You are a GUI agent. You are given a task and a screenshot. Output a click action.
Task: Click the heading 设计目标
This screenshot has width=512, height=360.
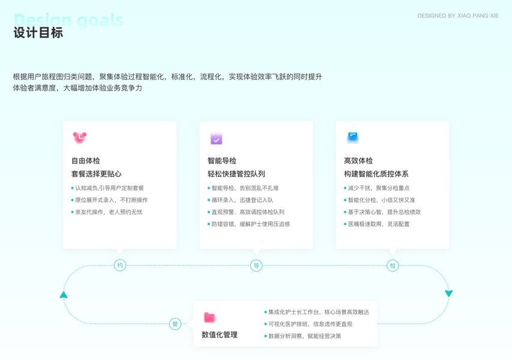point(38,33)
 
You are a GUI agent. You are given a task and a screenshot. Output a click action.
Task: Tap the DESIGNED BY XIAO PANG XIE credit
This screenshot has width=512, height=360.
point(458,16)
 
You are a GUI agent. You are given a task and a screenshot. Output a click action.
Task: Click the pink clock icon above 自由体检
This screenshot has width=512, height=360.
point(79,137)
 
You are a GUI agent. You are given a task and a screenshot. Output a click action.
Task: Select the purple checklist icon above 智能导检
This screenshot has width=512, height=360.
point(216,139)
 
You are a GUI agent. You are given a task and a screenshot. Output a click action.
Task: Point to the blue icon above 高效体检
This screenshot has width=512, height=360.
point(352,137)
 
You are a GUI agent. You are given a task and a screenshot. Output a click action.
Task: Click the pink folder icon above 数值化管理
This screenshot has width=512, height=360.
point(209,317)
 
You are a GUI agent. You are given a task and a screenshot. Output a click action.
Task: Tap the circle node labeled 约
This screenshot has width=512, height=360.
point(120,265)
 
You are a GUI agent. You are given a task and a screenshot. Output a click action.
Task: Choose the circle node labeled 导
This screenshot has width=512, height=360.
point(256,265)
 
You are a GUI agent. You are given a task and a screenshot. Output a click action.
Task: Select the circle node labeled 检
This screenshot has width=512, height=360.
point(393,265)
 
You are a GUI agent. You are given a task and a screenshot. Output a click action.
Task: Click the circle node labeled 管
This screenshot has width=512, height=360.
point(175,324)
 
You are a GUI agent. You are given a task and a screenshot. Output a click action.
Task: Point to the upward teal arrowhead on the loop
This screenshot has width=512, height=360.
point(64,295)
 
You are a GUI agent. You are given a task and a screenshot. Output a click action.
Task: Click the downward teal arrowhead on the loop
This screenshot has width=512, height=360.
point(448,293)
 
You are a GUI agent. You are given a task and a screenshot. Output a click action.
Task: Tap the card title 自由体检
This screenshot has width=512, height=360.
point(86,161)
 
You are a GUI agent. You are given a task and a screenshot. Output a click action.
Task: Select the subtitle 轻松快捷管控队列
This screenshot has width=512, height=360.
point(236,174)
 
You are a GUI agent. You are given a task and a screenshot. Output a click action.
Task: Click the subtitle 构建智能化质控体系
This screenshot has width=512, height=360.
point(376,174)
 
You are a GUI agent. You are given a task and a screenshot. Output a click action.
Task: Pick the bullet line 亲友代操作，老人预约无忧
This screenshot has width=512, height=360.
point(109,212)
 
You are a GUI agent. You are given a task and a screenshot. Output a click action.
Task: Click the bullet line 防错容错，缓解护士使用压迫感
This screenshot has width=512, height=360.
point(250,224)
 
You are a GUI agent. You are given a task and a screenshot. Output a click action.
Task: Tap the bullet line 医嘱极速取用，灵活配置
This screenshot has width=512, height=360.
point(379,224)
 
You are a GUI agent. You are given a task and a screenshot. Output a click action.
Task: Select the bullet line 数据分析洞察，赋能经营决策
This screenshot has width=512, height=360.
point(304,336)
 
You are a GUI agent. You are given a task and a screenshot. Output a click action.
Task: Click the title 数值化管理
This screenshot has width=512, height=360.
point(220,335)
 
